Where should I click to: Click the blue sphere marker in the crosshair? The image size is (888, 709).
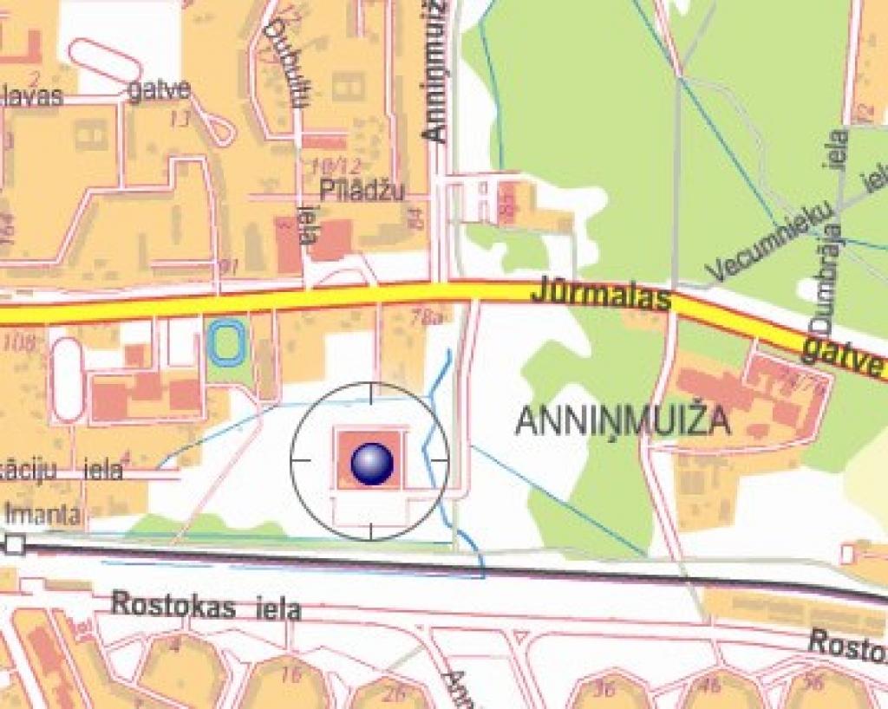[x=372, y=463]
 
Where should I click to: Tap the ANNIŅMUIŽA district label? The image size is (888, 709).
[x=623, y=421]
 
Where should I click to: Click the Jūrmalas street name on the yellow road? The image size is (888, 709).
[x=601, y=293]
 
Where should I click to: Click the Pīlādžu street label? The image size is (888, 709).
[x=362, y=191]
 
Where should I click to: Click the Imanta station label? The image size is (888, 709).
[x=43, y=514]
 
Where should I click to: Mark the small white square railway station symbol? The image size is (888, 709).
[x=14, y=544]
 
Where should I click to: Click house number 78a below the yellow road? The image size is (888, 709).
[x=428, y=318]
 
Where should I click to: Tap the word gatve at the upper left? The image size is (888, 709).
[x=158, y=90]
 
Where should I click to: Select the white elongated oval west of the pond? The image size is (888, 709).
[x=68, y=380]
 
